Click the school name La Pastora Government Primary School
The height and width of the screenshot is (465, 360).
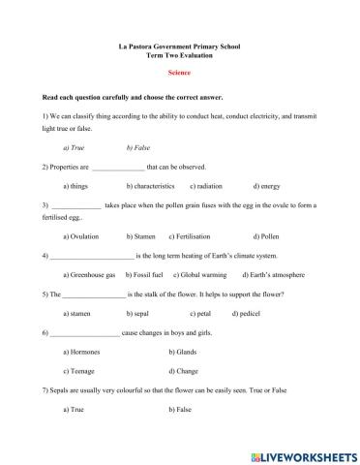[179, 46]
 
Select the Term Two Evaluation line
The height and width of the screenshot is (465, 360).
[179, 55]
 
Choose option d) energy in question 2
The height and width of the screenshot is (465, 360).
[267, 185]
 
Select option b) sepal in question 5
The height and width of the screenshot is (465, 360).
[139, 314]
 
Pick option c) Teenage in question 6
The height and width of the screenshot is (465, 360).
[78, 371]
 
